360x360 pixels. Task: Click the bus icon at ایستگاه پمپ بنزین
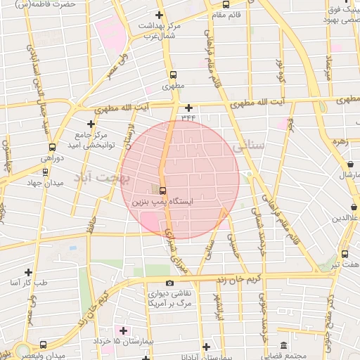pos(163,191)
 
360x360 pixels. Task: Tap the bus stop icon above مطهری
pos(173,75)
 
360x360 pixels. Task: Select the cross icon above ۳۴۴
pos(188,108)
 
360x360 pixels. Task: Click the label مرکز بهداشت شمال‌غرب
pos(158,30)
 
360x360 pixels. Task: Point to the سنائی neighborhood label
pos(247,147)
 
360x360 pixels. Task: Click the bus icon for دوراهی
pos(52,148)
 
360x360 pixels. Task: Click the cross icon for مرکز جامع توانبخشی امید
pos(91,124)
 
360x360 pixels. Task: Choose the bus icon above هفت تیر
pos(345,254)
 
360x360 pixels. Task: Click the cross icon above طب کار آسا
pos(28,271)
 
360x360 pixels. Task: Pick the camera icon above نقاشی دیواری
pos(169,283)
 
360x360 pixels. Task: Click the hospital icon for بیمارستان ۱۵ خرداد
pos(124,330)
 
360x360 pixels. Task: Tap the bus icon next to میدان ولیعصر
pos(44,345)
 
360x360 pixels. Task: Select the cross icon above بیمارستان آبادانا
pos(205,347)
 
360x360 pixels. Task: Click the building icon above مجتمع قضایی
pos(283,346)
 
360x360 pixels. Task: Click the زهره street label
pos(341,141)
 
